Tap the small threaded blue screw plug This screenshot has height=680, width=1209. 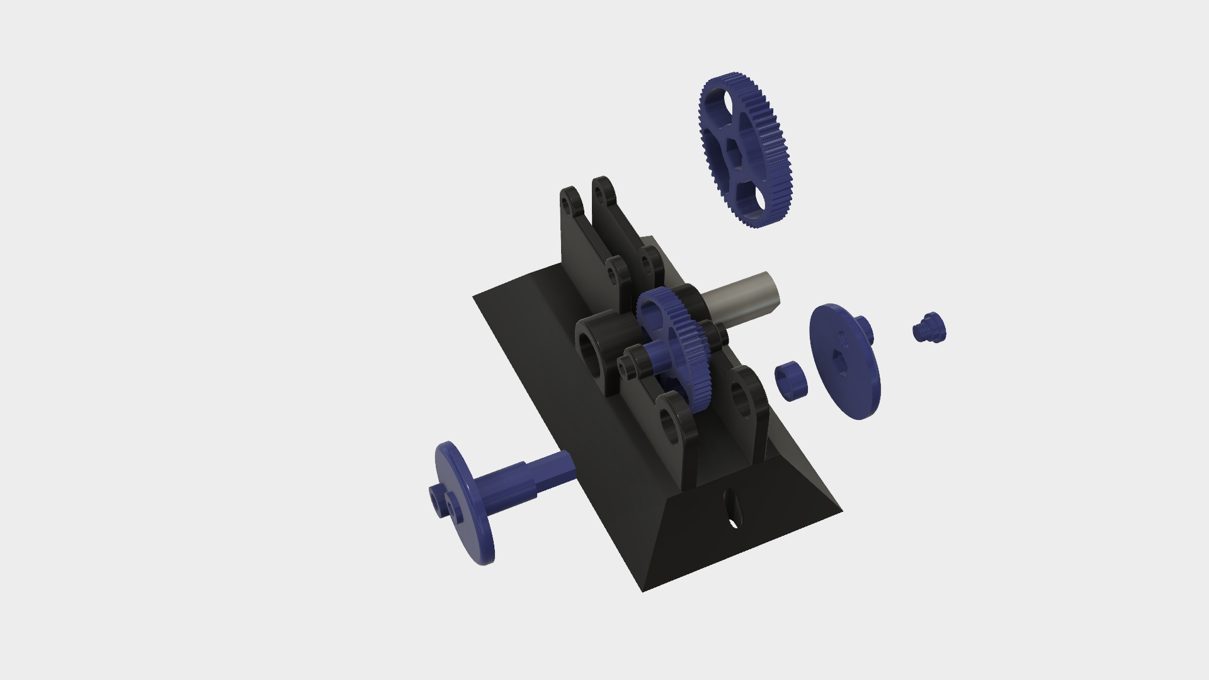pyautogui.click(x=929, y=327)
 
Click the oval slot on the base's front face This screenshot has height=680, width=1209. pyautogui.click(x=733, y=508)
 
